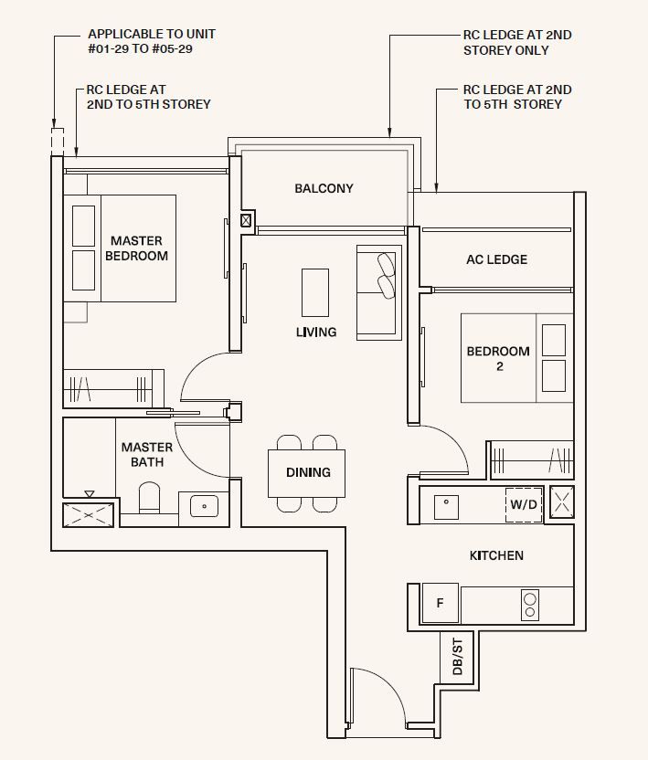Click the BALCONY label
tap(324, 188)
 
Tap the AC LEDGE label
tap(496, 259)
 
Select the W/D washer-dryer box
tap(524, 504)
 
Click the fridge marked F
tap(440, 603)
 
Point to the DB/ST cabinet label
tap(457, 657)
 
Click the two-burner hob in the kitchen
tap(530, 605)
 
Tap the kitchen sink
tap(446, 507)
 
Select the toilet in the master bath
tap(149, 497)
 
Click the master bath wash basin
tap(204, 506)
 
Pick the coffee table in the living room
tap(315, 292)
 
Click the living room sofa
tap(379, 292)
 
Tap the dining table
tap(306, 473)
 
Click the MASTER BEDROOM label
tap(136, 248)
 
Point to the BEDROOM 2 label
tap(498, 358)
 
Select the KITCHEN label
tap(496, 555)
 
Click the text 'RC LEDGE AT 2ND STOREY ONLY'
tap(517, 43)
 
